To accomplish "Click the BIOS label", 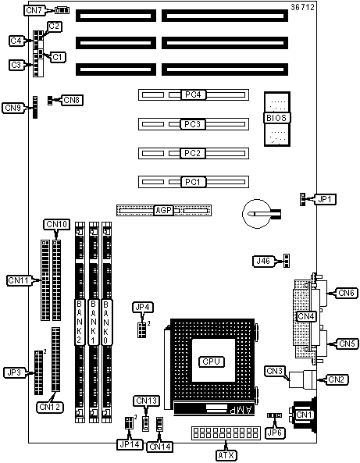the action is pyautogui.click(x=276, y=118).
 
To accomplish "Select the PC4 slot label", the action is pyautogui.click(x=193, y=94).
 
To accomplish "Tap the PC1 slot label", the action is pyautogui.click(x=193, y=182).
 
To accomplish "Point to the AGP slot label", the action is pyautogui.click(x=164, y=210).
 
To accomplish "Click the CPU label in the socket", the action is pyautogui.click(x=212, y=361).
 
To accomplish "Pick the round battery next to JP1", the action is pyautogui.click(x=256, y=214).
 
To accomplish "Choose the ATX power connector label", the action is pyautogui.click(x=226, y=455).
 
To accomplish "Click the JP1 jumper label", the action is pyautogui.click(x=325, y=200).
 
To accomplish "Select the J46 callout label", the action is pyautogui.click(x=263, y=261).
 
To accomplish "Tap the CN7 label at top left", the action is pyautogui.click(x=34, y=10).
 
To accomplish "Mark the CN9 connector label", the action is pyautogui.click(x=13, y=108).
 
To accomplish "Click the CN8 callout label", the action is pyautogui.click(x=72, y=100).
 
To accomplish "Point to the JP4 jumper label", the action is pyautogui.click(x=143, y=307).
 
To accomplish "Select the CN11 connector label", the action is pyautogui.click(x=18, y=280).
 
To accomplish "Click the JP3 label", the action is pyautogui.click(x=15, y=372).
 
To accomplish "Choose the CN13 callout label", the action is pyautogui.click(x=147, y=401).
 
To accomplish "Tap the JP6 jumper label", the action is pyautogui.click(x=275, y=433).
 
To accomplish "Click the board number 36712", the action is pyautogui.click(x=303, y=7).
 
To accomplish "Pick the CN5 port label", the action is pyautogui.click(x=347, y=344).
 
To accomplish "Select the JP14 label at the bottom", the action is pyautogui.click(x=130, y=444).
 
